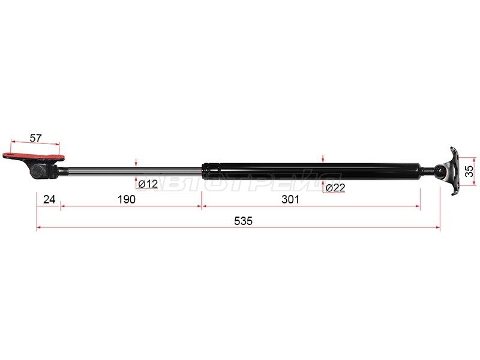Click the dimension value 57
point(35,138)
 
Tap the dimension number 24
point(49,199)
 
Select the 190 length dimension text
point(127,199)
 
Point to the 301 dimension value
point(290,199)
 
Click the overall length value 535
point(244,221)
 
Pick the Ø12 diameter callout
point(148,184)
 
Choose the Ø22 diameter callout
point(335,188)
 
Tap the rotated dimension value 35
point(469,171)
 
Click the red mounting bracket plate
point(34,157)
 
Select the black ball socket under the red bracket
point(39,171)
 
